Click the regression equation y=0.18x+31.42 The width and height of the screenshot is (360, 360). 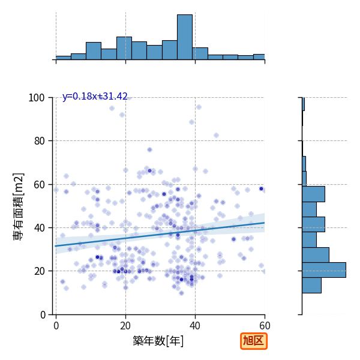(95, 97)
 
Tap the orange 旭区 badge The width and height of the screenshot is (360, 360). (254, 341)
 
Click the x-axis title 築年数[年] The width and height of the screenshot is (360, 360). (158, 341)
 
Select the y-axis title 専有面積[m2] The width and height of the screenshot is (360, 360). (19, 206)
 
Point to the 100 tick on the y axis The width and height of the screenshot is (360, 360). (36, 98)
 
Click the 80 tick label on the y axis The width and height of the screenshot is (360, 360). (39, 141)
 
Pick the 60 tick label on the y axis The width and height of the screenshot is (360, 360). (39, 184)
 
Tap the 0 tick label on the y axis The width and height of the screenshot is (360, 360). (43, 314)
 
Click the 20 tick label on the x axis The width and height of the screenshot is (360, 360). (125, 326)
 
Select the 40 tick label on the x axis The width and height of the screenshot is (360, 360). (195, 326)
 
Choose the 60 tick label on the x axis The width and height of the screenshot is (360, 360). (265, 326)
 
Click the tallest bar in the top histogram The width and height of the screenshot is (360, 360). (185, 37)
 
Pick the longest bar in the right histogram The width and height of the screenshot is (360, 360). (324, 270)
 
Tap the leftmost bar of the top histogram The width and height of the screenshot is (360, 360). (64, 58)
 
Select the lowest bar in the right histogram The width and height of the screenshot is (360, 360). (311, 286)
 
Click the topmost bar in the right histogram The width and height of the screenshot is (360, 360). (303, 104)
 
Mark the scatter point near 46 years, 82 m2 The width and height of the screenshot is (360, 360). (216, 136)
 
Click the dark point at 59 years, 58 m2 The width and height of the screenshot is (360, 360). (261, 189)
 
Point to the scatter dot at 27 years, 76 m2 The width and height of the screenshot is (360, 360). (149, 150)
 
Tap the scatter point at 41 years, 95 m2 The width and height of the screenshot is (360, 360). (199, 107)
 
